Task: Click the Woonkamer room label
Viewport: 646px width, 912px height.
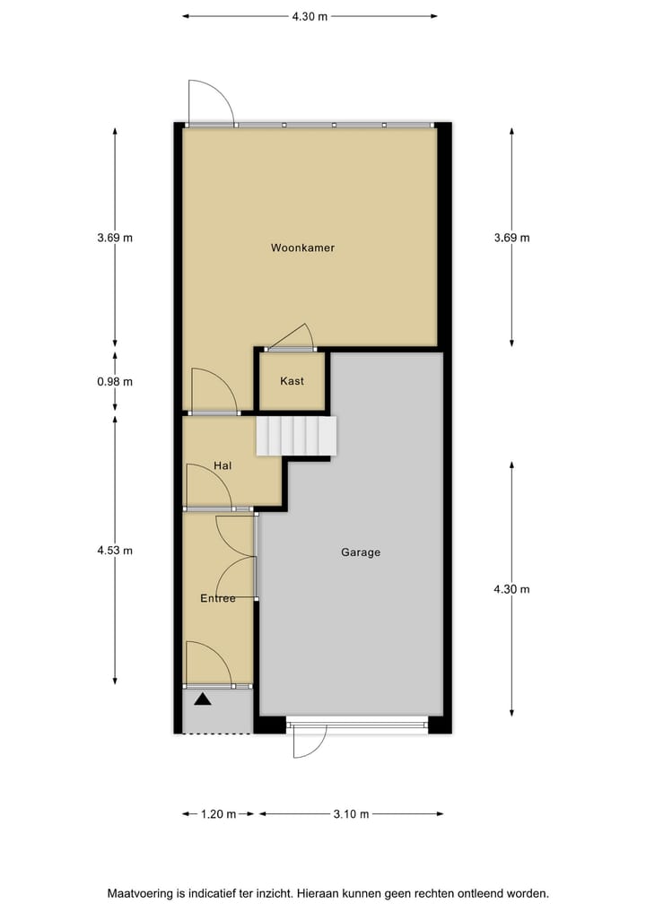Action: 302,248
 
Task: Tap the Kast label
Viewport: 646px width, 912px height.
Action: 292,381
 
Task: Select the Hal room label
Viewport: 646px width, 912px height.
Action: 223,465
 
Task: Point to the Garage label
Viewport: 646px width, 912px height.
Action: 361,552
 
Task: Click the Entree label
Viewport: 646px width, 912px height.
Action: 218,598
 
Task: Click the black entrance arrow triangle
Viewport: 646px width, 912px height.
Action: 203,699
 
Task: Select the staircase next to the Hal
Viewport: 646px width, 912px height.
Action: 296,436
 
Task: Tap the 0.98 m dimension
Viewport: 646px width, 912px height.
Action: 115,381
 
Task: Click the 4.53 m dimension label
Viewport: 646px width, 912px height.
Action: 115,551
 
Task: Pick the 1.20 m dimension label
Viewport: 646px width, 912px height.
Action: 218,814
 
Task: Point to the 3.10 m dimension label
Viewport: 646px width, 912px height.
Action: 351,814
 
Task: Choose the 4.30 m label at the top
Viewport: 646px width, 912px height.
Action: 310,16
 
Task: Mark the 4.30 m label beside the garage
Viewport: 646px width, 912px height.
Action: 511,589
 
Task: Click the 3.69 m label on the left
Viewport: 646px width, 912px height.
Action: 115,238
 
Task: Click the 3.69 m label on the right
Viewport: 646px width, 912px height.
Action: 511,238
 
